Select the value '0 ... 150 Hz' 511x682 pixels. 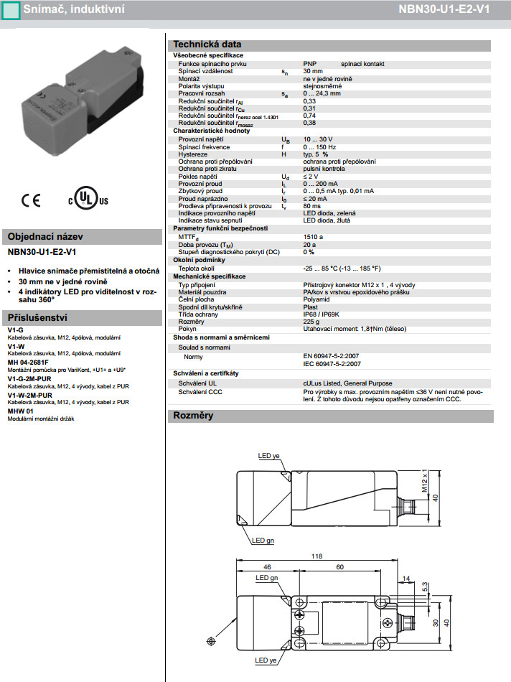click(321, 146)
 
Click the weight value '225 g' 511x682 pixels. click(312, 322)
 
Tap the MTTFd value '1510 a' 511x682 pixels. click(314, 236)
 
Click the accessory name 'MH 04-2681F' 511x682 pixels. click(28, 363)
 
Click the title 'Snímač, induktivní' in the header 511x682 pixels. click(64, 9)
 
